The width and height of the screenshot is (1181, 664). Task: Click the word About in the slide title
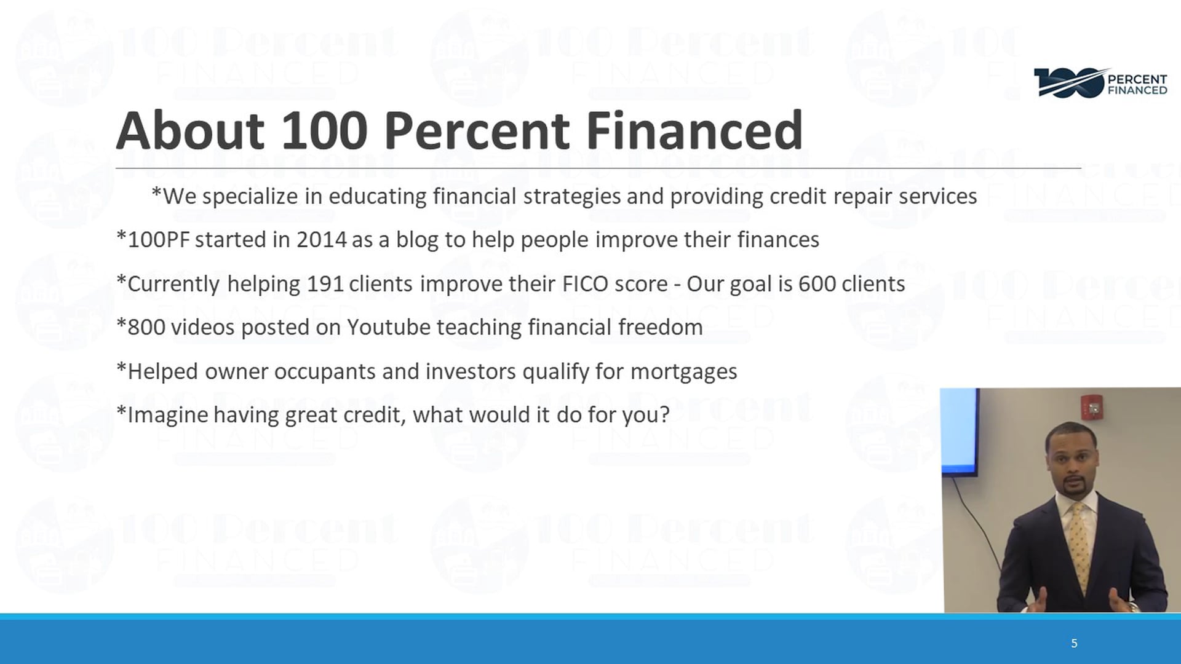tap(191, 130)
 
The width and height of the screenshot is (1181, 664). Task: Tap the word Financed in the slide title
tap(694, 130)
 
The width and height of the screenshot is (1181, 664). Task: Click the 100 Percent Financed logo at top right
tap(1100, 83)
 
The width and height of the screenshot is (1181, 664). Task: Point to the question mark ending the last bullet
tap(664, 414)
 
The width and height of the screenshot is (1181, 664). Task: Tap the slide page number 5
tap(1074, 643)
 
